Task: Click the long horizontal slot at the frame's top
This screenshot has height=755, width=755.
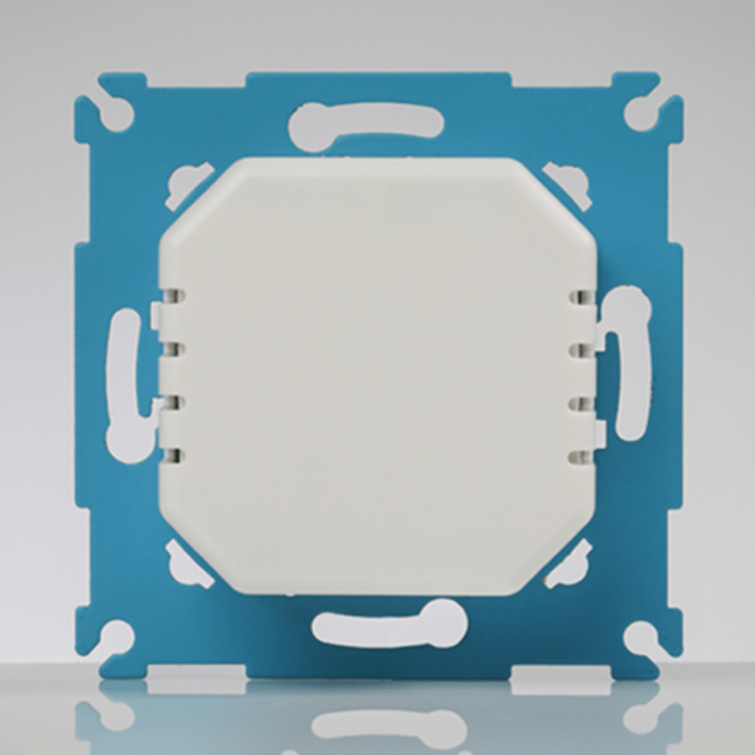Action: click(x=368, y=121)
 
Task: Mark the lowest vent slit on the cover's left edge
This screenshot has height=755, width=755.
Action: click(x=172, y=458)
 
